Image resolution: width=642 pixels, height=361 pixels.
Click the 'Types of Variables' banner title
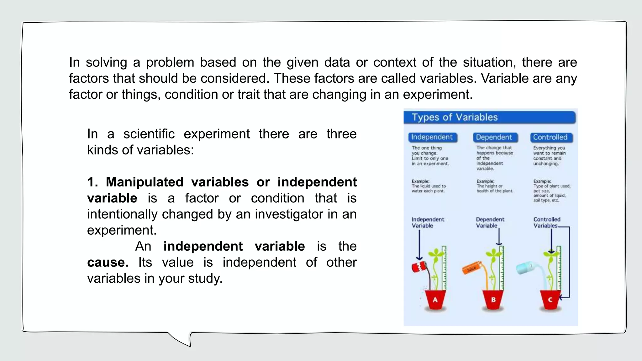[x=455, y=117]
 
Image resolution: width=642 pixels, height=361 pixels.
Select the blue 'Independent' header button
[x=432, y=137]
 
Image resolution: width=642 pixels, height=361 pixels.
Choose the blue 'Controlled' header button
[x=550, y=137]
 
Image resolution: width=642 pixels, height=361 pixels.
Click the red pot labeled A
[x=435, y=300]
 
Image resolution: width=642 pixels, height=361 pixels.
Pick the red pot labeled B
[x=493, y=300]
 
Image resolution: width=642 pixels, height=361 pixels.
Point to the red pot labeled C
[x=550, y=300]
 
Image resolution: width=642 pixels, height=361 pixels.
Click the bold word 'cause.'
[x=108, y=263]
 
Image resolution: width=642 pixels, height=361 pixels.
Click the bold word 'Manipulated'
[x=145, y=182]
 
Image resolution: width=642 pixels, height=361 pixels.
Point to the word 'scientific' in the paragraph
[x=149, y=134]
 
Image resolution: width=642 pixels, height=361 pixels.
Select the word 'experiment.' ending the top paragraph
[x=438, y=94]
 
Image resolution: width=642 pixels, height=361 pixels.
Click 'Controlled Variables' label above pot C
[x=547, y=222]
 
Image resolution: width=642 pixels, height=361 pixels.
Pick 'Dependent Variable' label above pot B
[x=490, y=222]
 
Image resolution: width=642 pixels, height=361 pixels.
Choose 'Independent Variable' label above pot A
[x=428, y=222]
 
